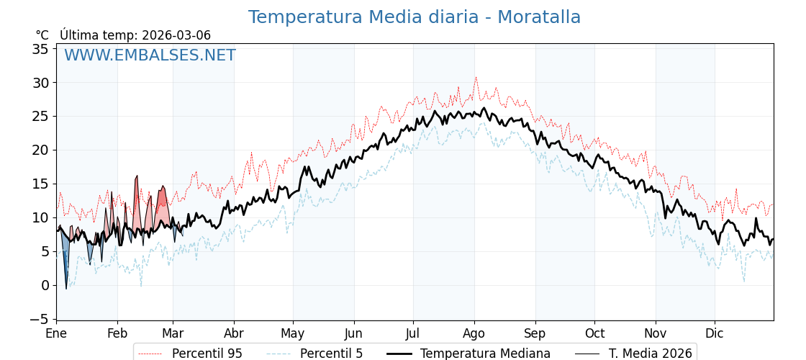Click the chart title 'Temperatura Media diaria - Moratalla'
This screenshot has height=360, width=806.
coord(414,17)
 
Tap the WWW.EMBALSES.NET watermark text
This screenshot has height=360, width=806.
coord(150,55)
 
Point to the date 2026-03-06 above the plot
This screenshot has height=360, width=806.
coord(176,35)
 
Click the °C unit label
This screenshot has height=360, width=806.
coord(42,35)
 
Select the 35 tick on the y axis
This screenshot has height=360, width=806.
coord(40,49)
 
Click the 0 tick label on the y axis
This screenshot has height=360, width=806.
coord(45,285)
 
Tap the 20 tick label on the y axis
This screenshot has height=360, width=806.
coord(40,150)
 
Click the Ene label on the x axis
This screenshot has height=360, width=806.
coord(56,334)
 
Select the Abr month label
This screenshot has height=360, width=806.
coord(234,334)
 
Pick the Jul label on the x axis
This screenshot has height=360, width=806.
coord(413,334)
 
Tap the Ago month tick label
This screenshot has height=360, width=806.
coord(474,334)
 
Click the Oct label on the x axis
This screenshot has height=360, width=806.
coord(594,334)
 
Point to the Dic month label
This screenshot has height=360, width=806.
coord(715,334)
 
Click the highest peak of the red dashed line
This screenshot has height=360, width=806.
coord(475,77)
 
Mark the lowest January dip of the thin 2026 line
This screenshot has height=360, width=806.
coord(66,289)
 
